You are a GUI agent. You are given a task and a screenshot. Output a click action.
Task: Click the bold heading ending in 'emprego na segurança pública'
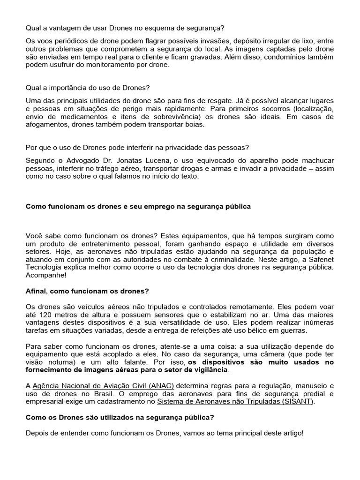point(138,206)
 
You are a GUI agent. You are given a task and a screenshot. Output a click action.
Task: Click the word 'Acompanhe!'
point(45,275)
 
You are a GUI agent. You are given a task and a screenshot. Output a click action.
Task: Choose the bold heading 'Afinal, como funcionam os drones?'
point(87,291)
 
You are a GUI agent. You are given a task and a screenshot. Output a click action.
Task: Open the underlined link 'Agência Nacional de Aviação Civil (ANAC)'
point(103,386)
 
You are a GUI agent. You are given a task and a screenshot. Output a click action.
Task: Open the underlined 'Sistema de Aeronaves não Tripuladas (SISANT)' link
point(236,402)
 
